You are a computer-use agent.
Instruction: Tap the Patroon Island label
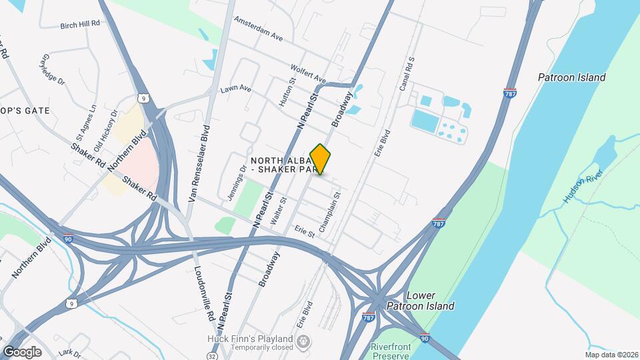(572, 77)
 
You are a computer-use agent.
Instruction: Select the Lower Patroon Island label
(421, 301)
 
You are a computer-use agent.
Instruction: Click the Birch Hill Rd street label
(79, 23)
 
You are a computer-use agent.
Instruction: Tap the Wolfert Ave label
(308, 73)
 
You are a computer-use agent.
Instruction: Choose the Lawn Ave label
(236, 88)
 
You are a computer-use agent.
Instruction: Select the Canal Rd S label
(407, 74)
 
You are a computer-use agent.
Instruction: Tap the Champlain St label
(331, 212)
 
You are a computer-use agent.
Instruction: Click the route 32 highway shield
(211, 357)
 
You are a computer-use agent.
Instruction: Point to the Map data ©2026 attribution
(611, 355)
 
